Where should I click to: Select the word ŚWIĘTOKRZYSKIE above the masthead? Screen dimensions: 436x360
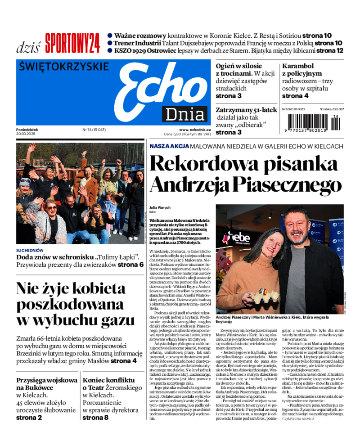coord(64,67)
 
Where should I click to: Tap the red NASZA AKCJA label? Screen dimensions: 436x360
coord(169,147)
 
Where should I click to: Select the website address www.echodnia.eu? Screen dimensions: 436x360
coord(194,130)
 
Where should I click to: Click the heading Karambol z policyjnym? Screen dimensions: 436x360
coord(302,70)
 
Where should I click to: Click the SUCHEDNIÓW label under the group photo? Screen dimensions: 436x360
coord(30,250)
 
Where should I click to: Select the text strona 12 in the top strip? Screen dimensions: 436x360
coord(330,50)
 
